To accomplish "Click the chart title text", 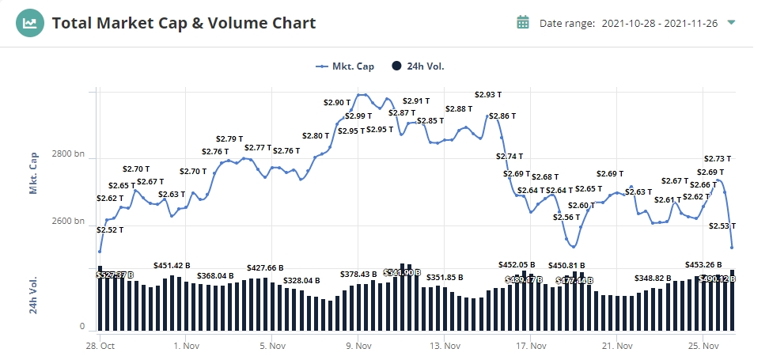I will click(x=184, y=23).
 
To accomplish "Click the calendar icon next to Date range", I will click(x=522, y=22).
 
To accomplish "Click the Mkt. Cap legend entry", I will click(x=345, y=66).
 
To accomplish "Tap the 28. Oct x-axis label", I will click(x=100, y=346).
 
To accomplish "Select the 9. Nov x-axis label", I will click(x=359, y=346).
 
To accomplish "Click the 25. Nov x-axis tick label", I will click(x=703, y=346).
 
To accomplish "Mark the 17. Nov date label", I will click(x=532, y=346).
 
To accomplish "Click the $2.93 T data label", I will click(x=488, y=95).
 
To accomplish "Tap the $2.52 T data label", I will click(x=110, y=230).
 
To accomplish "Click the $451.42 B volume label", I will click(x=172, y=266).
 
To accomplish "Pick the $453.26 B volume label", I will click(x=703, y=265).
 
